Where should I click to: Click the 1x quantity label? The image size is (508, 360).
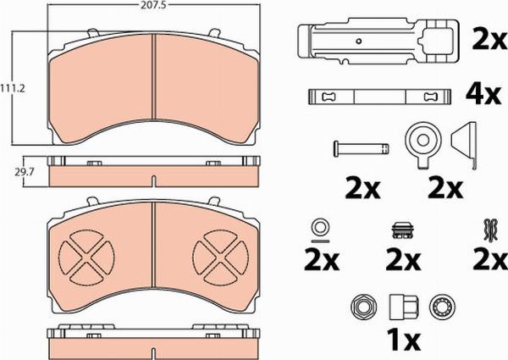405,341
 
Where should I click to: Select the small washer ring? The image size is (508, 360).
321,226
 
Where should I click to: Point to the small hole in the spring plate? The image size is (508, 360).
359,42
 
